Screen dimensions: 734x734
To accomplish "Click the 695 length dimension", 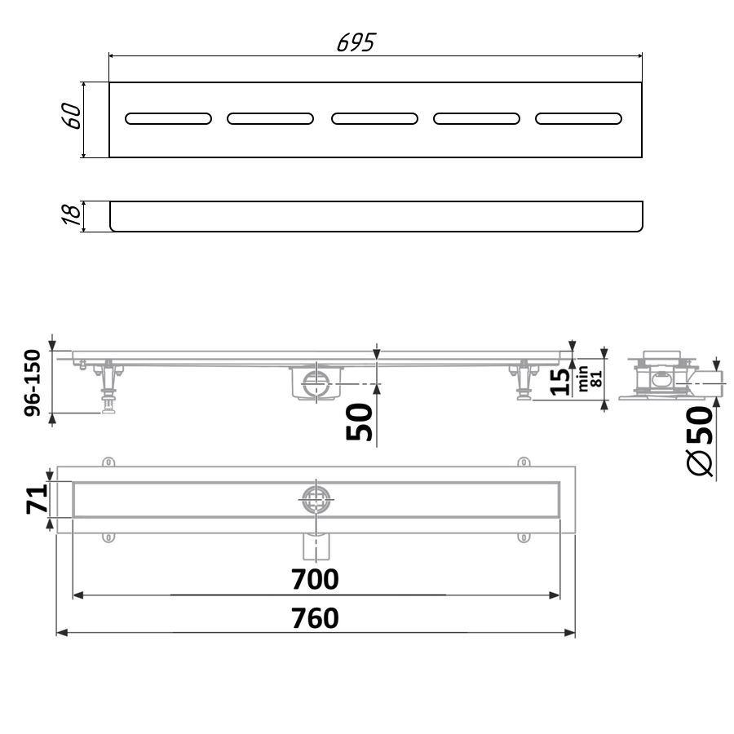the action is coord(356,42).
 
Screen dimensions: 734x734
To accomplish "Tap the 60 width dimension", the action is coord(71,116).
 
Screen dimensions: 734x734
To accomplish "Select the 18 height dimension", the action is coord(72,214).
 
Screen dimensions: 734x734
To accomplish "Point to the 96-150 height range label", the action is coord(33,382).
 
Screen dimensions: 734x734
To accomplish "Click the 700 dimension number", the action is coord(315,579).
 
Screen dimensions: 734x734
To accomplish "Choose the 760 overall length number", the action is coord(315,618).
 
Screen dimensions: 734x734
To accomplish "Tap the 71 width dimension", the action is coord(37,499).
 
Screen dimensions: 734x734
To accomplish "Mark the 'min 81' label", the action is coord(589,378).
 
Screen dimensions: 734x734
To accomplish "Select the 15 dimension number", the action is coord(559,382).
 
